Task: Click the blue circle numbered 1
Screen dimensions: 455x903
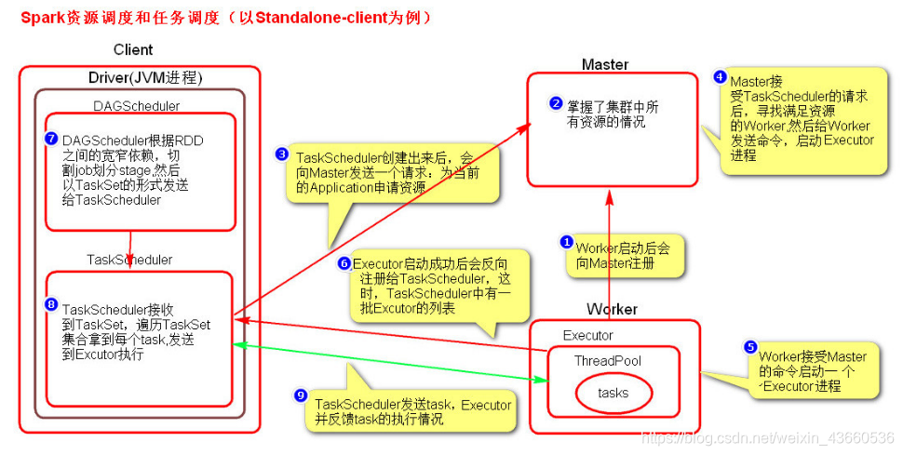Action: click(566, 242)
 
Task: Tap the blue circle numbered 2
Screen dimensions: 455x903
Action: click(556, 104)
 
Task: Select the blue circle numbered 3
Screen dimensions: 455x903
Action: click(282, 154)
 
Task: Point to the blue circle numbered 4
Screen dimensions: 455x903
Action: click(720, 77)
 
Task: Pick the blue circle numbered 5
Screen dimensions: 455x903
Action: click(749, 347)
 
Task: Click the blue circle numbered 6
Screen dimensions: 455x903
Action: click(344, 263)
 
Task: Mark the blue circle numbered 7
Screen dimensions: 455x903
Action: click(52, 139)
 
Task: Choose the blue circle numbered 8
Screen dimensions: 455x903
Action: click(52, 304)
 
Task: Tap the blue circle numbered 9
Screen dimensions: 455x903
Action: click(300, 395)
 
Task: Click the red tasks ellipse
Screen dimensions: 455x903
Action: click(613, 393)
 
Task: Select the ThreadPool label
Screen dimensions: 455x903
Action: click(608, 360)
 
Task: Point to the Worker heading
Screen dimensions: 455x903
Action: click(612, 309)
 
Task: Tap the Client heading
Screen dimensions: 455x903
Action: click(133, 50)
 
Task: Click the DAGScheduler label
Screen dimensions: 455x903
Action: click(137, 106)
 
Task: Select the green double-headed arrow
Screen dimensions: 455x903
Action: click(391, 363)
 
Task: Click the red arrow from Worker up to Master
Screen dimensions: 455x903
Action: click(608, 242)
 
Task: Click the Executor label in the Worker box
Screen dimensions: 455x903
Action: click(588, 335)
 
